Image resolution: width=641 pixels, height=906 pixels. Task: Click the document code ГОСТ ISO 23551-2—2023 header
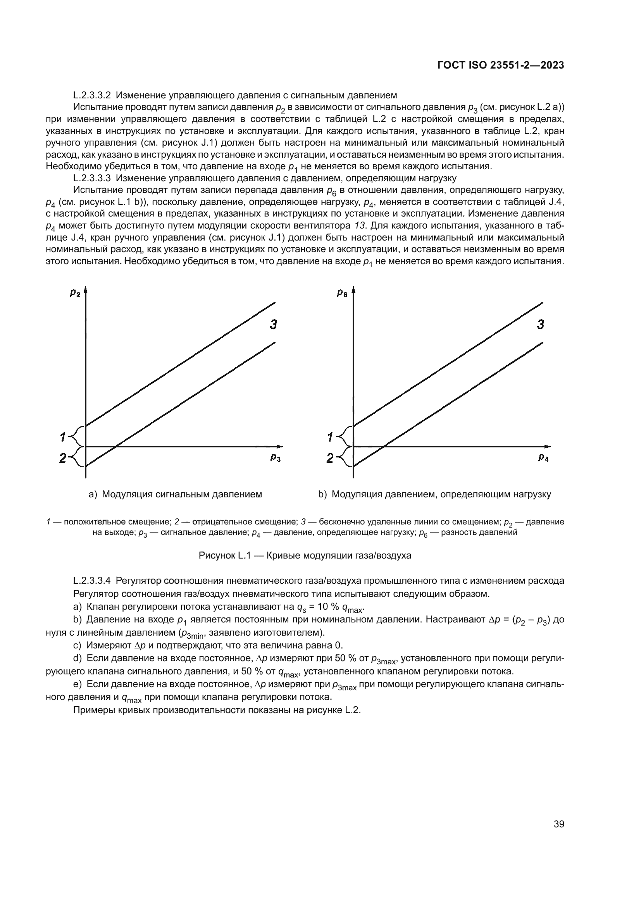[500, 65]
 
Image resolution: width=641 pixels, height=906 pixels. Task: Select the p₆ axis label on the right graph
[342, 293]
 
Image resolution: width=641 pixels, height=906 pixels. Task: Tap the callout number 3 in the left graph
[273, 325]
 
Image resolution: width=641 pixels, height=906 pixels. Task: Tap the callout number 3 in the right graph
[541, 325]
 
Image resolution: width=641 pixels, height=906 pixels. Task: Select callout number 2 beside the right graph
[330, 458]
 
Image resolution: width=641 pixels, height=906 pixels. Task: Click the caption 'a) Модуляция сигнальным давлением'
[175, 494]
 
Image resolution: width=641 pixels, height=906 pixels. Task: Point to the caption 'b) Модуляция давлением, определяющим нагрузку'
[434, 494]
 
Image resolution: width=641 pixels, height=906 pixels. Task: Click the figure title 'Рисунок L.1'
[225, 555]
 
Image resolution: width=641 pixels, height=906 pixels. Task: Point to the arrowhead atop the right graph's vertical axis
[354, 292]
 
